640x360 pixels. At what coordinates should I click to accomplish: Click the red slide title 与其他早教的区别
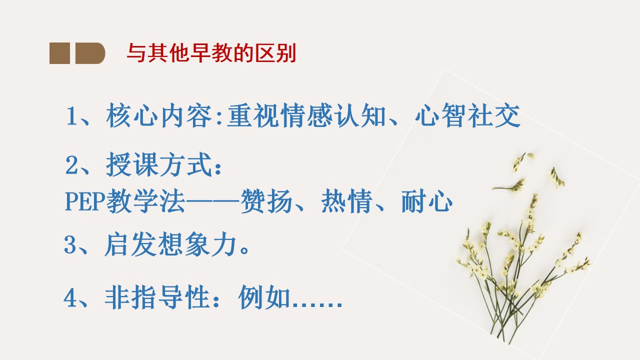pyautogui.click(x=211, y=53)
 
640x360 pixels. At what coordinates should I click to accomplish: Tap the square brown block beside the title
pyautogui.click(x=59, y=53)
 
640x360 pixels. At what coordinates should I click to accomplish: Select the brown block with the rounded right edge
pyautogui.click(x=90, y=53)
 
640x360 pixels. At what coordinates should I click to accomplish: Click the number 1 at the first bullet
pyautogui.click(x=71, y=116)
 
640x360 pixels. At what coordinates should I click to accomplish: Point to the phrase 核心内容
pyautogui.click(x=159, y=115)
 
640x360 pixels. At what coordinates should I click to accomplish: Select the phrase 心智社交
pyautogui.click(x=467, y=115)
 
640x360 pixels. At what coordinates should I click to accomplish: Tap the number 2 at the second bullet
pyautogui.click(x=71, y=165)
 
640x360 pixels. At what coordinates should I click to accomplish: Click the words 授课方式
pyautogui.click(x=159, y=164)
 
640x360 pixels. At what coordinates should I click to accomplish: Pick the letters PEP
pyautogui.click(x=85, y=201)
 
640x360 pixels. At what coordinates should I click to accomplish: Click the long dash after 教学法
pyautogui.click(x=212, y=201)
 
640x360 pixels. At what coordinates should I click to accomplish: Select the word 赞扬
pyautogui.click(x=266, y=201)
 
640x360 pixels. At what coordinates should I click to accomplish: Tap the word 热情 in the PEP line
pyautogui.click(x=347, y=201)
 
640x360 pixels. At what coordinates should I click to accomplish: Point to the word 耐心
pyautogui.click(x=427, y=201)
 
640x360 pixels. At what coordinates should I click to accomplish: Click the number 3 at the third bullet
pyautogui.click(x=70, y=244)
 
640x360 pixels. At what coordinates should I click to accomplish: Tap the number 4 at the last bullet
pyautogui.click(x=70, y=297)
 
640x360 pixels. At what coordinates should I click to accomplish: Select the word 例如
pyautogui.click(x=264, y=297)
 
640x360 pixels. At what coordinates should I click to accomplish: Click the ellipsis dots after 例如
pyautogui.click(x=317, y=305)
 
